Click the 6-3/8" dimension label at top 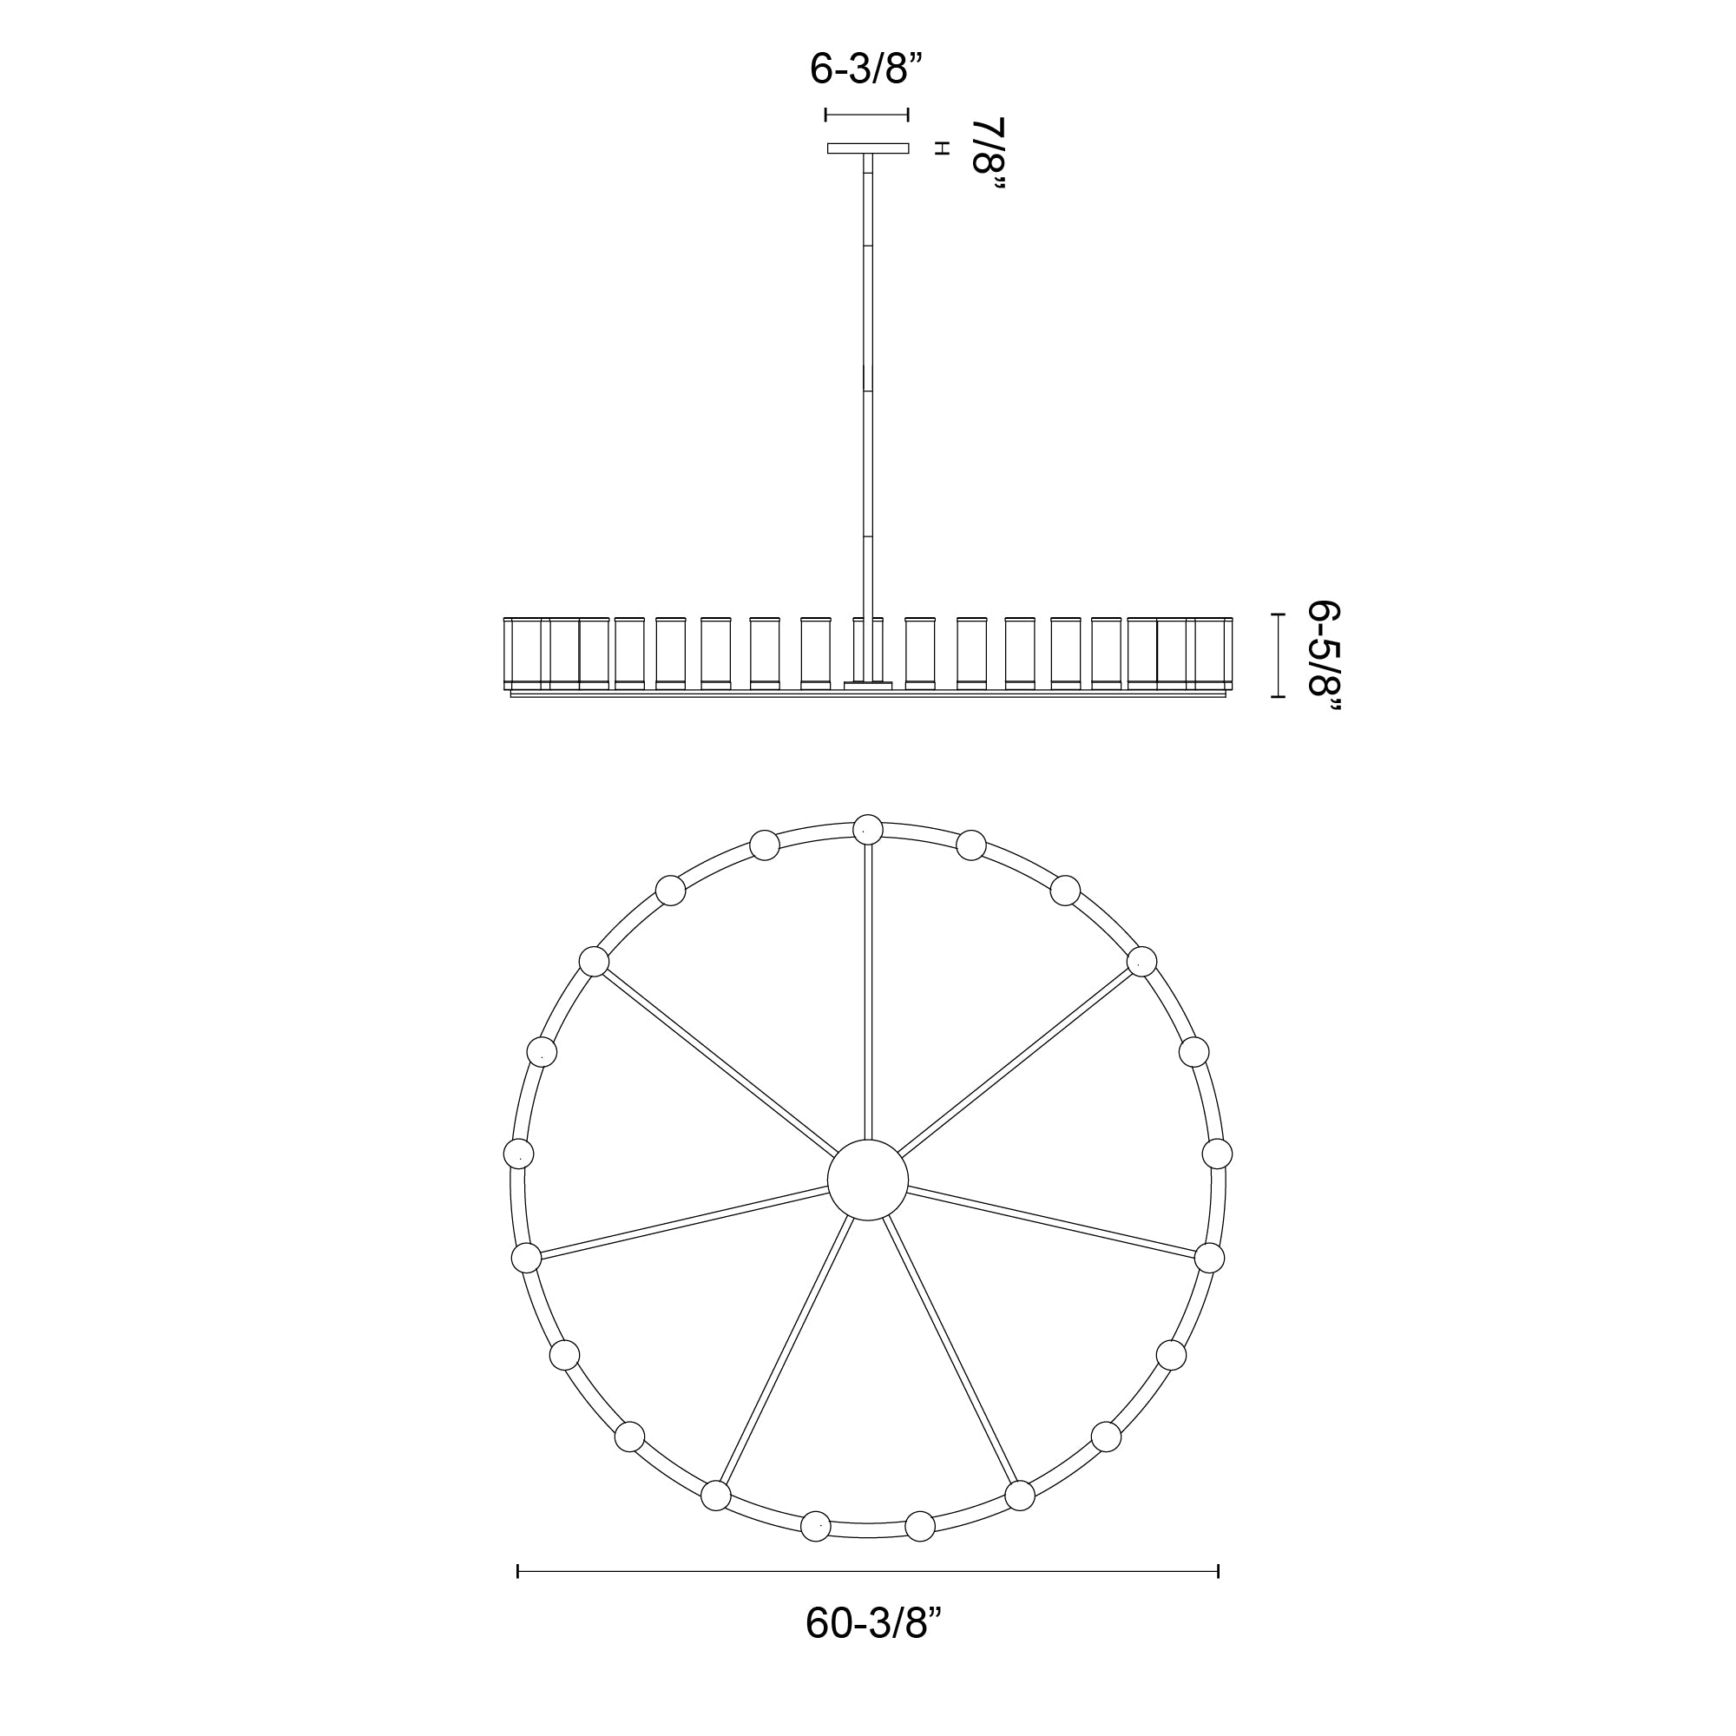click(x=866, y=69)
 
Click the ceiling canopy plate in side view click(x=868, y=148)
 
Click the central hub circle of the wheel click(x=868, y=1180)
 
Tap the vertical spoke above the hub click(x=868, y=992)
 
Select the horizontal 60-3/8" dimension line click(x=868, y=1571)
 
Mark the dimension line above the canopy click(x=867, y=115)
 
